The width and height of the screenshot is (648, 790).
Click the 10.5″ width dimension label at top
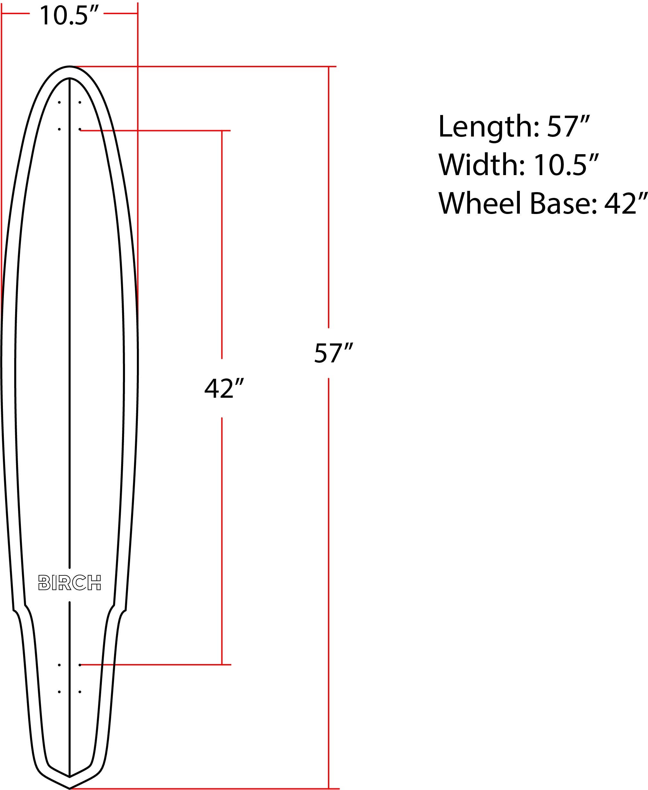coord(69,16)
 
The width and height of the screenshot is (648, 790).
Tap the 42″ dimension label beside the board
coord(224,388)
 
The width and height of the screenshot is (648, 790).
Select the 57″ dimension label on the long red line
coord(333,353)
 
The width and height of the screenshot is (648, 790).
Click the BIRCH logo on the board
coord(70,582)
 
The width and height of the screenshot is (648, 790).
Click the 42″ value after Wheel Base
coord(625,203)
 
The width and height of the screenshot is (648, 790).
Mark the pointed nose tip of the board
coord(70,67)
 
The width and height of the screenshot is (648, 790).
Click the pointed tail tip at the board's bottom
coord(70,788)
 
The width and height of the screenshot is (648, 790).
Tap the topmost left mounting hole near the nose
coord(59,102)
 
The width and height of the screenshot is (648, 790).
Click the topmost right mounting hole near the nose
coord(80,102)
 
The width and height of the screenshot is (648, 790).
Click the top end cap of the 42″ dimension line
coord(222,131)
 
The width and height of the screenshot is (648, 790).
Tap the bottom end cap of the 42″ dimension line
coord(222,665)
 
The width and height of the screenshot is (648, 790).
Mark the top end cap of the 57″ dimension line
coord(328,67)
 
